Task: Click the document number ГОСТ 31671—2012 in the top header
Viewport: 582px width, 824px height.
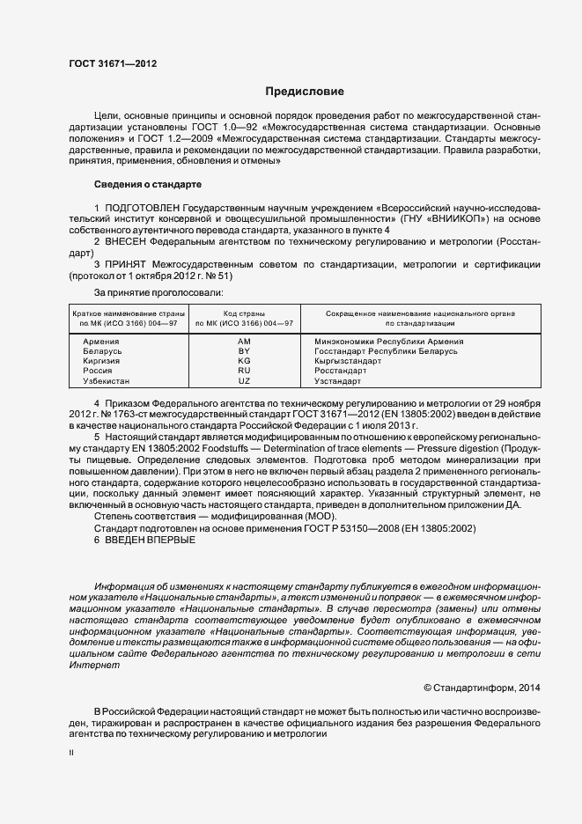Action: click(113, 63)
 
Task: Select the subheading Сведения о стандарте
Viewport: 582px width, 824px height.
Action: click(147, 185)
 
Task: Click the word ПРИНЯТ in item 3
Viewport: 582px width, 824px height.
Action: click(126, 263)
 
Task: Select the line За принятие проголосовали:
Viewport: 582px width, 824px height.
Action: click(158, 291)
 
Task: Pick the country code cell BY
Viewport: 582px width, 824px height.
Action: click(244, 350)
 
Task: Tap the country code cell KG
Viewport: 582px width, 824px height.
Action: click(244, 361)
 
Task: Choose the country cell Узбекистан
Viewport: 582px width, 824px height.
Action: click(106, 381)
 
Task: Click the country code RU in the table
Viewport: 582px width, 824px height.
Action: click(244, 371)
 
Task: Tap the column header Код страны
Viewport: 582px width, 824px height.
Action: click(244, 313)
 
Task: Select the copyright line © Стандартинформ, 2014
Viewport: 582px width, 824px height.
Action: click(483, 686)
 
